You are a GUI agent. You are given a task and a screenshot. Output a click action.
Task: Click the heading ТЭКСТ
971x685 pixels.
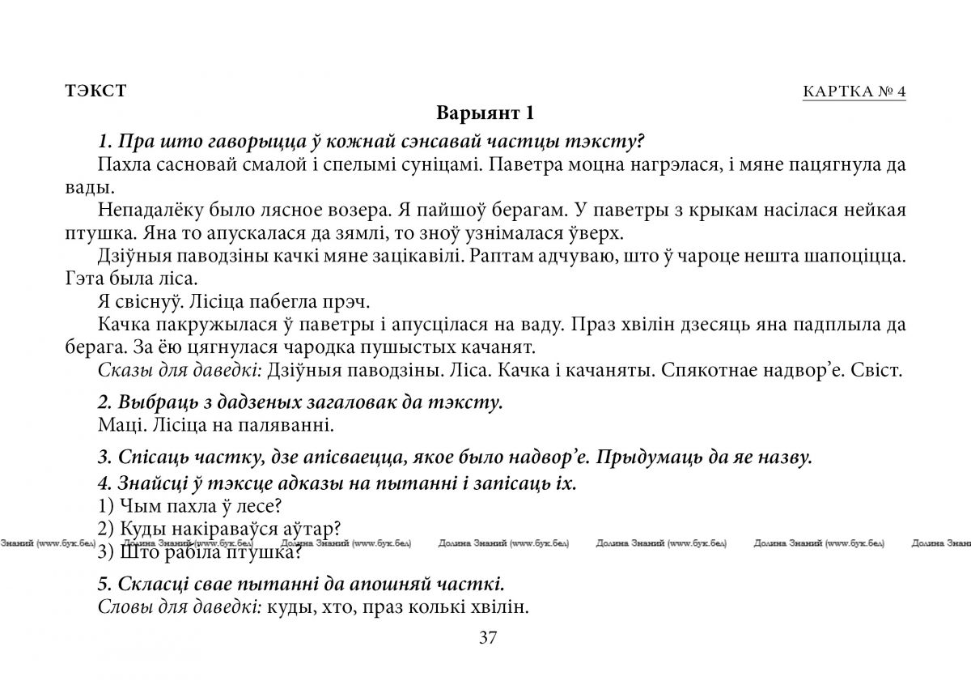tap(95, 91)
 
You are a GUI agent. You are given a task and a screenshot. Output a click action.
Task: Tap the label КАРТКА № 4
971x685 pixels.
tap(854, 91)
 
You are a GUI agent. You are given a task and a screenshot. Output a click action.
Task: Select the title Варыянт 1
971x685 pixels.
tap(485, 112)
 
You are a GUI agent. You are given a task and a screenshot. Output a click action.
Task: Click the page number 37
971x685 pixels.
tap(487, 636)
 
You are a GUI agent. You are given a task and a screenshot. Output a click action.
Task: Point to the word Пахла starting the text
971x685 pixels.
tap(119, 165)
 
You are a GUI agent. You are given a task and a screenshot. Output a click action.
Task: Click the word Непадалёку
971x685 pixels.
tap(142, 210)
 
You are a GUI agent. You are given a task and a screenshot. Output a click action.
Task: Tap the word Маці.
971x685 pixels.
tap(116, 423)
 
